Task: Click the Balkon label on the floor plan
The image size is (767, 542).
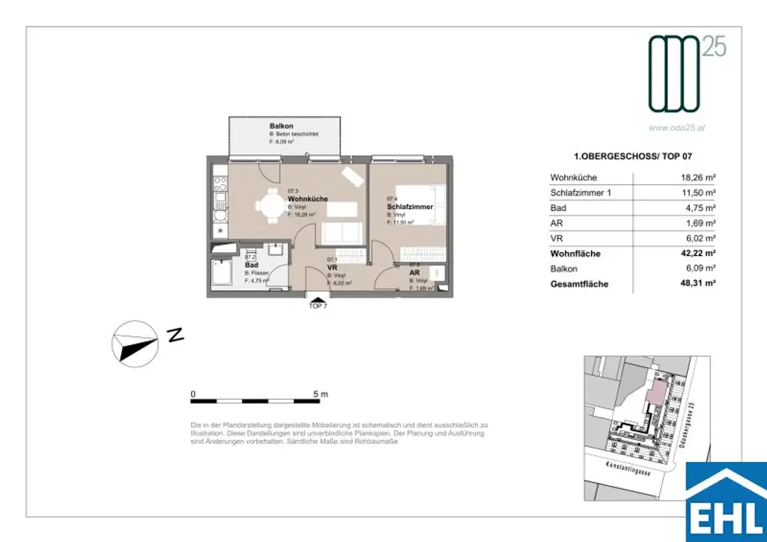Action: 281,126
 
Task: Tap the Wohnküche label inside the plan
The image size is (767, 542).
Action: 305,198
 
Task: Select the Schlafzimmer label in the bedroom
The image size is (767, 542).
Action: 410,207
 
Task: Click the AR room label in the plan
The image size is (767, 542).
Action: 413,273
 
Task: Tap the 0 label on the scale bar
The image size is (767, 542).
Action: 193,394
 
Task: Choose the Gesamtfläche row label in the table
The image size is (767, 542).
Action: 579,284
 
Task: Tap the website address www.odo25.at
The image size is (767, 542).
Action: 677,127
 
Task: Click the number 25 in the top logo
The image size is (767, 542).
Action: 713,47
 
